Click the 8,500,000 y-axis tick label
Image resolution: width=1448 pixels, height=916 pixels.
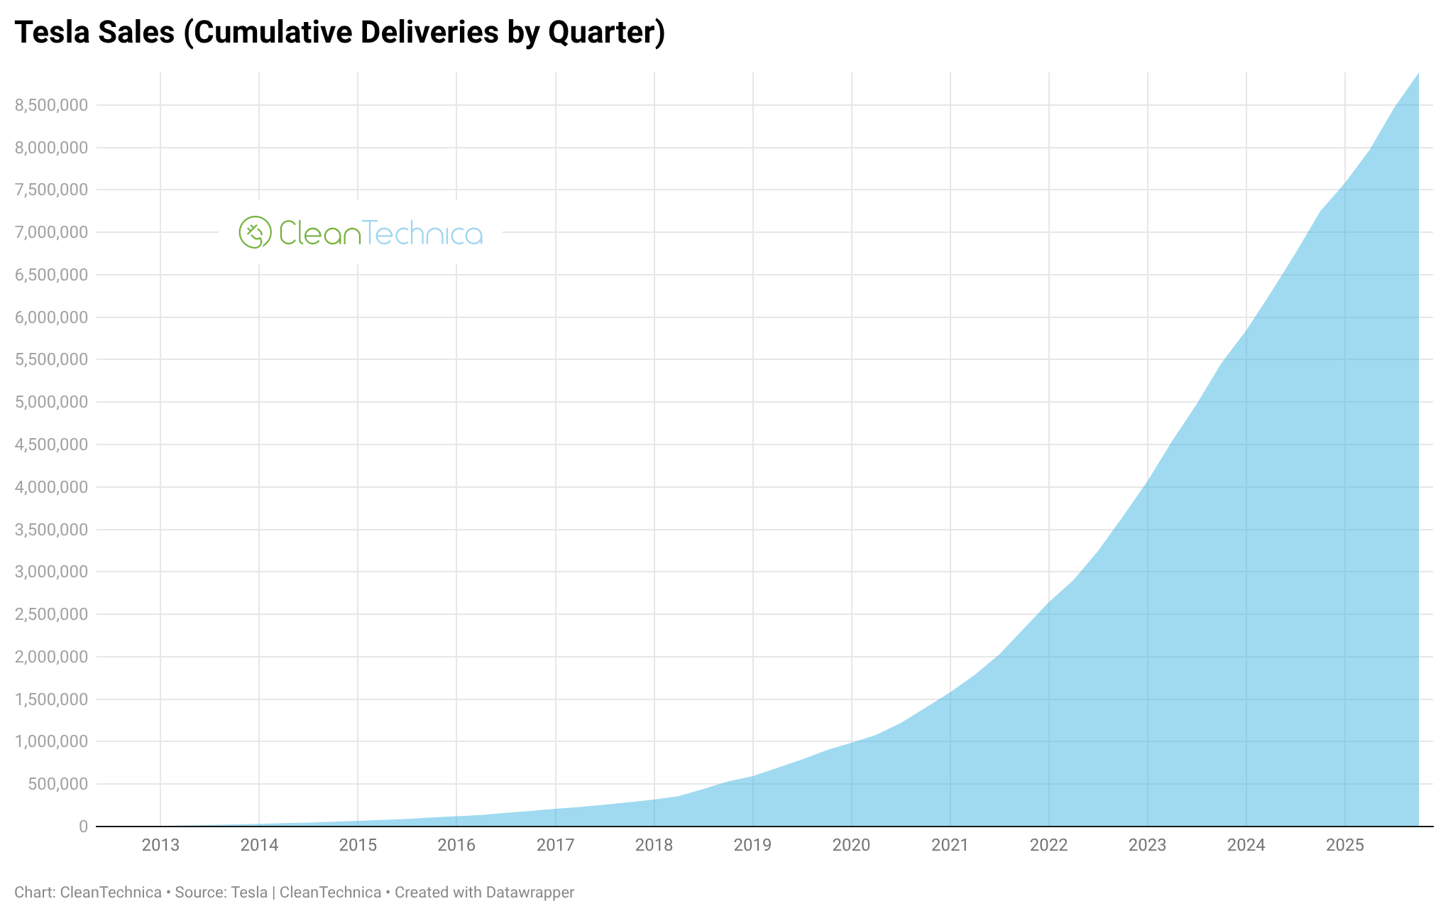click(51, 105)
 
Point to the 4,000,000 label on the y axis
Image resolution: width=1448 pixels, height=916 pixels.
click(51, 487)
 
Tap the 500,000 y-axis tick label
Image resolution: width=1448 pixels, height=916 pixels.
click(58, 784)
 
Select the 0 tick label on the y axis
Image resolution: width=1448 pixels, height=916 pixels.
click(83, 827)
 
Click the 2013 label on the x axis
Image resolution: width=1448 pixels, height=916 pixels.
click(160, 845)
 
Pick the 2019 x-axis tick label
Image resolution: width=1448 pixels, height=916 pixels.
click(752, 845)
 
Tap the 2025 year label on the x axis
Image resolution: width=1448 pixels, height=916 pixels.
click(1344, 845)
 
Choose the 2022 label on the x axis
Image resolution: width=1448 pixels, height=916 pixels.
click(1048, 845)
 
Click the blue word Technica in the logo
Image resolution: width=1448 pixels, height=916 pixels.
click(423, 233)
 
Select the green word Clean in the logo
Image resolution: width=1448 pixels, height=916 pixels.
click(319, 233)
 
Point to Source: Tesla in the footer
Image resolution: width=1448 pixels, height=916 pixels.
click(221, 893)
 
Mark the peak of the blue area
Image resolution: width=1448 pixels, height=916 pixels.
click(1417, 75)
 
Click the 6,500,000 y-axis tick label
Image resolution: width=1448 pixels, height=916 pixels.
click(51, 275)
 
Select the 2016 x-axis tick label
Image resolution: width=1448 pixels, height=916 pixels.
click(456, 845)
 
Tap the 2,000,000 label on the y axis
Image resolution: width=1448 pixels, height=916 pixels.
click(51, 657)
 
